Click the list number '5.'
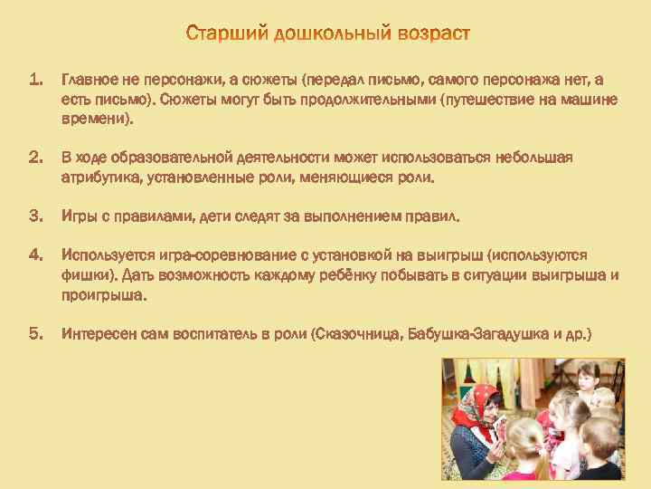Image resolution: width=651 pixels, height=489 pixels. tap(36, 334)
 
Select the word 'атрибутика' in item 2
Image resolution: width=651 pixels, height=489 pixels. tap(99, 177)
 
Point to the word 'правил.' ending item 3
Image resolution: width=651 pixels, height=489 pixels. tap(435, 217)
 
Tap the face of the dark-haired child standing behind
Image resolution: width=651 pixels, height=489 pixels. tap(589, 377)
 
